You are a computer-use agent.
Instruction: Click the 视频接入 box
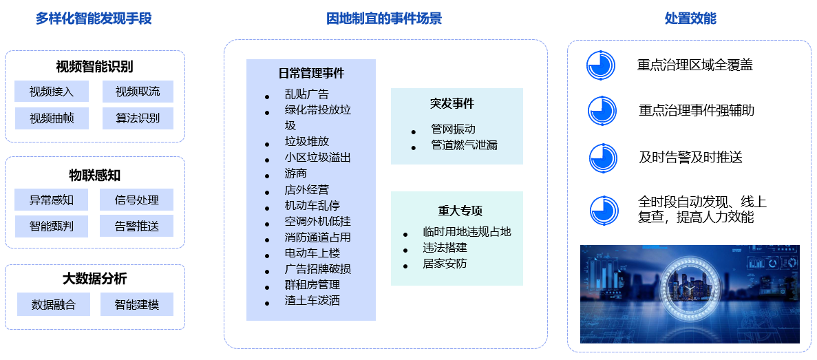click(x=52, y=92)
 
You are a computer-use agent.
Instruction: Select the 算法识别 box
click(x=138, y=118)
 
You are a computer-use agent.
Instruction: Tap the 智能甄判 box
click(x=52, y=226)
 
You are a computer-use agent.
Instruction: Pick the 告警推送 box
click(x=136, y=226)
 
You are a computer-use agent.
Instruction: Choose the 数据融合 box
click(x=54, y=304)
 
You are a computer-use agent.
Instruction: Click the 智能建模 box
click(x=136, y=304)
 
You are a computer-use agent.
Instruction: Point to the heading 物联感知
click(x=95, y=175)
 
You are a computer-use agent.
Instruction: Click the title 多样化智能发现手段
click(x=94, y=19)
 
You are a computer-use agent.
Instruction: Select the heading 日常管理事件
click(x=311, y=74)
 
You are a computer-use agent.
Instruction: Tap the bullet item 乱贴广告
click(x=307, y=94)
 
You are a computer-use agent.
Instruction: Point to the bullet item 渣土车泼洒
click(x=312, y=301)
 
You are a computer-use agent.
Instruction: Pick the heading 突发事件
click(x=452, y=103)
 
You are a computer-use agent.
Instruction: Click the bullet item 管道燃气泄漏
click(x=465, y=145)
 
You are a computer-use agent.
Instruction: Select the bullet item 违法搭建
click(x=445, y=248)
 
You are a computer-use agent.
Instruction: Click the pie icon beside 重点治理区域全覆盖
click(x=601, y=65)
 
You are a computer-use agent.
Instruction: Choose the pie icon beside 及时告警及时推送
click(x=604, y=158)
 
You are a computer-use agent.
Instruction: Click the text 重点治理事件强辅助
click(x=697, y=110)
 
